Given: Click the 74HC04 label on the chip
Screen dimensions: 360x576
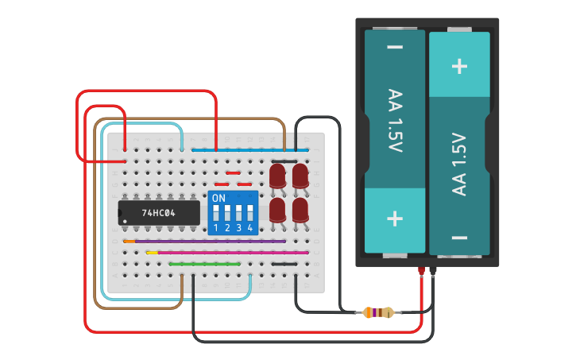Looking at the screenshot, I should click(x=159, y=213).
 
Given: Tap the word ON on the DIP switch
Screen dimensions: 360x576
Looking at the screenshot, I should click(x=218, y=197).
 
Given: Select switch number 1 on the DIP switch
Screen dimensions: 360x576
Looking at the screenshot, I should click(x=216, y=228).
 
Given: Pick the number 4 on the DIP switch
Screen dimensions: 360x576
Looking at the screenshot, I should click(x=250, y=228).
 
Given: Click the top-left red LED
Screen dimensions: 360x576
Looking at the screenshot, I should click(x=277, y=176).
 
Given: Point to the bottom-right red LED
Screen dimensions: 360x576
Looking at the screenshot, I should click(x=300, y=211).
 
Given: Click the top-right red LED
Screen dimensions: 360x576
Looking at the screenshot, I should click(x=300, y=176).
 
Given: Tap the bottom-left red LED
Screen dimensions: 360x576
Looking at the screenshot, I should click(x=277, y=211).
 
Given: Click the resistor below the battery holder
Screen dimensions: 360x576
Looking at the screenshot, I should click(x=377, y=313).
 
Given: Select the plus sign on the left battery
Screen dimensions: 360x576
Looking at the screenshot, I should click(x=395, y=219).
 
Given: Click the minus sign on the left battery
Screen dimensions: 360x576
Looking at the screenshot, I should click(x=395, y=48).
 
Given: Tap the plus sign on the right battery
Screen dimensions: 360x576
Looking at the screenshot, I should click(x=459, y=65).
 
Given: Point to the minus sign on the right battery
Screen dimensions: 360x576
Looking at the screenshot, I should click(x=459, y=237).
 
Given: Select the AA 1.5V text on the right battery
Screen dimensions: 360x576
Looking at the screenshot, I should click(x=459, y=163).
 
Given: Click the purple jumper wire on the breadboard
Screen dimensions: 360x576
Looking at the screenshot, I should click(x=211, y=241).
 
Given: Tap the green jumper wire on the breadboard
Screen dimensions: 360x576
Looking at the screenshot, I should click(x=205, y=263).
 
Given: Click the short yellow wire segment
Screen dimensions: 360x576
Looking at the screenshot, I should click(x=151, y=252).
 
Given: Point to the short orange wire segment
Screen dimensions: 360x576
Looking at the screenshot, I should click(x=129, y=241).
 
